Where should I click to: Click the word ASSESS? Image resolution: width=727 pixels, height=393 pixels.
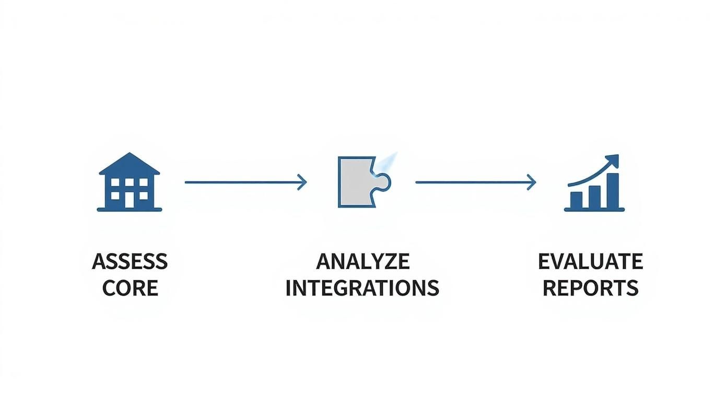[x=130, y=261]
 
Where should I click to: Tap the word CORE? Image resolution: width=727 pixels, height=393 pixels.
[x=130, y=288]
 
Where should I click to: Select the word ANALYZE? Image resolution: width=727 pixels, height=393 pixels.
[x=362, y=261]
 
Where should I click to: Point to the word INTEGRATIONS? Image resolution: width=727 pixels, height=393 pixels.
[x=362, y=288]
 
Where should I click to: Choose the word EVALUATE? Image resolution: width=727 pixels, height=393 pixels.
[x=590, y=261]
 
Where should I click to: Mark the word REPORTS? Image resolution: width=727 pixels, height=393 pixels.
[x=590, y=288]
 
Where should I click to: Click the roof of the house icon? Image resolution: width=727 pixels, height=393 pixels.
[x=130, y=164]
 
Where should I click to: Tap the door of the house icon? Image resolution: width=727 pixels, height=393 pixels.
[x=130, y=200]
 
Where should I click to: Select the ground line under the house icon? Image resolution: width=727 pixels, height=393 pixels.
[x=130, y=210]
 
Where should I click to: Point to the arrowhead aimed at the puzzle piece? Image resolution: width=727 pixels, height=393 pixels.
[x=302, y=182]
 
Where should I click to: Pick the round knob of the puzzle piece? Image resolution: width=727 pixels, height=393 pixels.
[x=383, y=182]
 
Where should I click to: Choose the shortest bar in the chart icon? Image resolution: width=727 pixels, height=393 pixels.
[x=576, y=200]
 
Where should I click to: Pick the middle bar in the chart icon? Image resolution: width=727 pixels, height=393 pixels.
[x=594, y=196]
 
